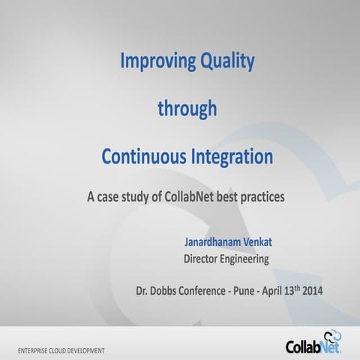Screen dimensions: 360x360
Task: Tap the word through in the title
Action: pyautogui.click(x=187, y=109)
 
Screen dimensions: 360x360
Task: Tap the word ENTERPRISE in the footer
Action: pyautogui.click(x=36, y=350)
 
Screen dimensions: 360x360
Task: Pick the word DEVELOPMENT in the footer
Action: pyautogui.click(x=84, y=350)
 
